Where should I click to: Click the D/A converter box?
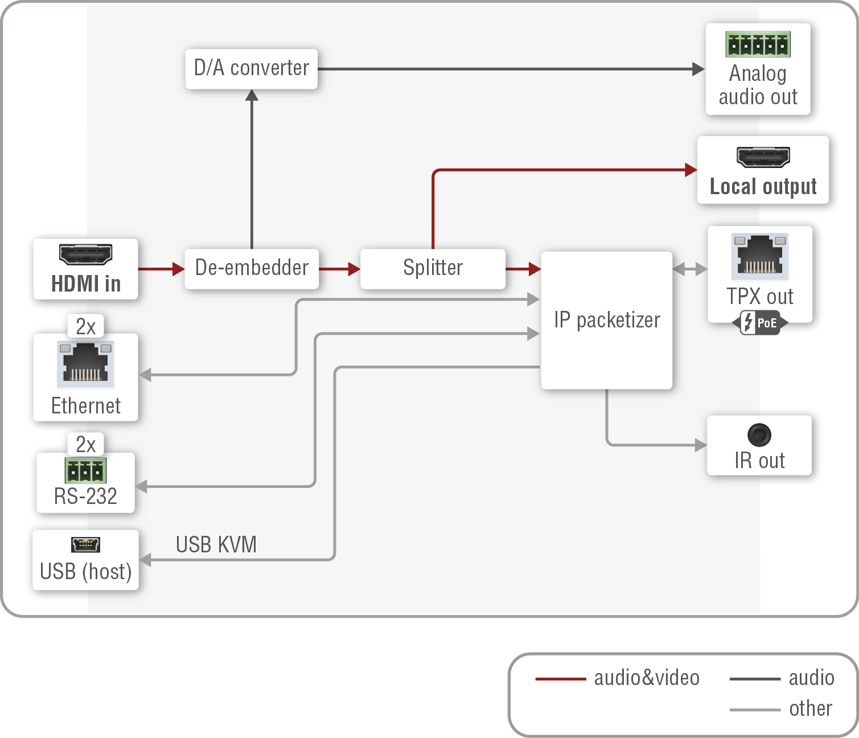point(251,68)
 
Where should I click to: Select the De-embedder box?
point(251,268)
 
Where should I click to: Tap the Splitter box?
point(433,268)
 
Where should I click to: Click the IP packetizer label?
point(607,320)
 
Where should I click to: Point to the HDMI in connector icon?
point(85,255)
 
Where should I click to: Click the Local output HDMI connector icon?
point(763,157)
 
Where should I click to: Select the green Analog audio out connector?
point(758,44)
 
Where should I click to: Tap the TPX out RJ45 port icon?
point(760,256)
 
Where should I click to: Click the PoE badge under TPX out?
point(760,323)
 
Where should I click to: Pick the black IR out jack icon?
point(759,435)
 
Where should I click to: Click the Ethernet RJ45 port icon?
point(85,364)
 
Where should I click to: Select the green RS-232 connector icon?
point(85,471)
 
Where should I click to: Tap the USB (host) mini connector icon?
point(85,545)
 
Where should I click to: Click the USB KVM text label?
point(216,545)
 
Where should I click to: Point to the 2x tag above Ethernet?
point(85,327)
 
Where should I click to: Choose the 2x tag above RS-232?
point(85,444)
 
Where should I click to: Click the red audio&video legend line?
point(560,679)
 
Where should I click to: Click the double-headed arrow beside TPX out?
point(689,269)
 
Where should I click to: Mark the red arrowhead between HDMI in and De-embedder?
point(178,269)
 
